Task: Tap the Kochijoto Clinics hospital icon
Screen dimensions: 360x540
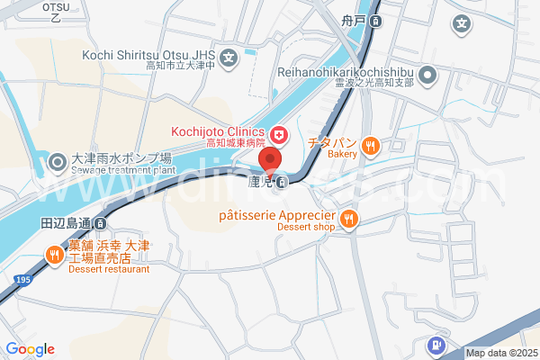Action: point(279,135)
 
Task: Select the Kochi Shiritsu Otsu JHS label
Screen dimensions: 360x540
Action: point(148,55)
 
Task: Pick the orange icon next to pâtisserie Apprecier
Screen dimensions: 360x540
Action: point(349,217)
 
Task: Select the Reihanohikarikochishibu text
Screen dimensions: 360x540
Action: point(346,70)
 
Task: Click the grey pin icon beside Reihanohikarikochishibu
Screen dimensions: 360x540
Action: point(429,76)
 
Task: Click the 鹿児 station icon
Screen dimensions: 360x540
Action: point(283,184)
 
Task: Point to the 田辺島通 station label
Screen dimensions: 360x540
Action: point(67,222)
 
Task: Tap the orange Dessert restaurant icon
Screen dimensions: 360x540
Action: point(55,255)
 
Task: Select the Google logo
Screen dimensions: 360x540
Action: point(30,349)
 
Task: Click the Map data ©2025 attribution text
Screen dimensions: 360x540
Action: point(500,353)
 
